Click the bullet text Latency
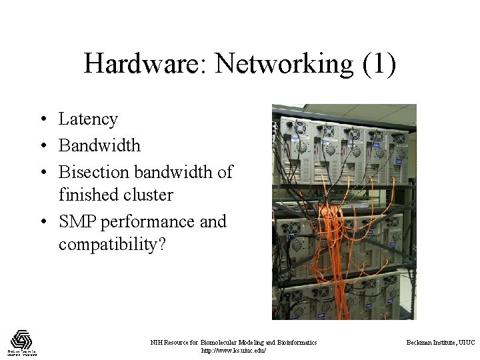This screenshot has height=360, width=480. [88, 119]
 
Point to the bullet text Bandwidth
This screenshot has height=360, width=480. [99, 145]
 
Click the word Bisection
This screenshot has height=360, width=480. [94, 171]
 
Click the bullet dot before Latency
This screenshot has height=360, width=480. [41, 120]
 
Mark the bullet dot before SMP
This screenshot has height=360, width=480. [41, 221]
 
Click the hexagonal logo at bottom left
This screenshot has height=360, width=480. [21, 339]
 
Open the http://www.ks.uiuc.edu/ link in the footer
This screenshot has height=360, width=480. [233, 350]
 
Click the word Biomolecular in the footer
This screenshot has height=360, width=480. [225, 342]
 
